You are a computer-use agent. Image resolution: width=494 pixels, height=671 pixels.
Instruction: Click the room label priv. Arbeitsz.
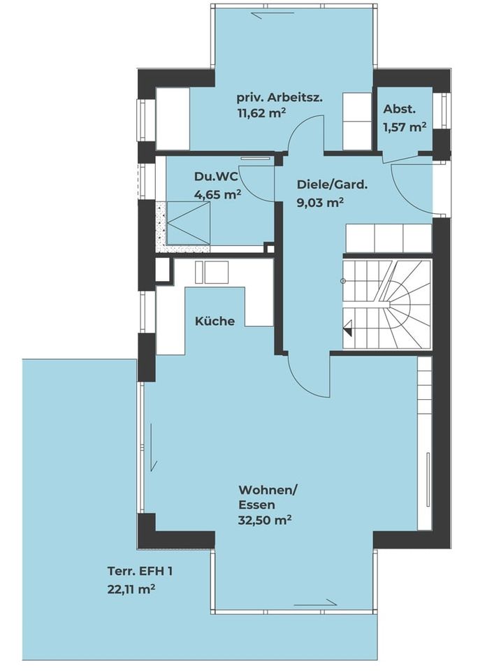click(x=279, y=98)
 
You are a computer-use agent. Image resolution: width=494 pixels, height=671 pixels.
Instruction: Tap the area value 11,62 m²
click(x=261, y=113)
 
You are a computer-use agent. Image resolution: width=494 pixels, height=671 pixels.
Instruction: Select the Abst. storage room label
click(x=399, y=109)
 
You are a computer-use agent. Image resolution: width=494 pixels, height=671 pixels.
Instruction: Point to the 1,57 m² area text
click(x=405, y=127)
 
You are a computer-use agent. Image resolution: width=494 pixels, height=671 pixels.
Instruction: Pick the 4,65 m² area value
click(x=217, y=194)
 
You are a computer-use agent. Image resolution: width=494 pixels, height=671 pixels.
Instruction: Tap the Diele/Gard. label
click(x=333, y=185)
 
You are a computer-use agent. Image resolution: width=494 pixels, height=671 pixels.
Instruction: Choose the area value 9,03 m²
click(x=320, y=203)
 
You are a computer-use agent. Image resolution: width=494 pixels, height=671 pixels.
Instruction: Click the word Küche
click(x=215, y=321)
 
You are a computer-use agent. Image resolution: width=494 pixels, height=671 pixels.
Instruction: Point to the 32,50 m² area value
click(x=266, y=520)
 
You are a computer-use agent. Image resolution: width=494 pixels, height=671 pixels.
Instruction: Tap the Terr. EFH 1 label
click(x=140, y=571)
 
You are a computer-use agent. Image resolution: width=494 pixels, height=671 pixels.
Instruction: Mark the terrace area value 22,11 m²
click(x=131, y=590)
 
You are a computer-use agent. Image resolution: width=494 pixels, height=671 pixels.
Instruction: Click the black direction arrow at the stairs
click(x=349, y=328)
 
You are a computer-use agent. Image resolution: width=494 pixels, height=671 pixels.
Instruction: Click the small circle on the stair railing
click(x=342, y=281)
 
